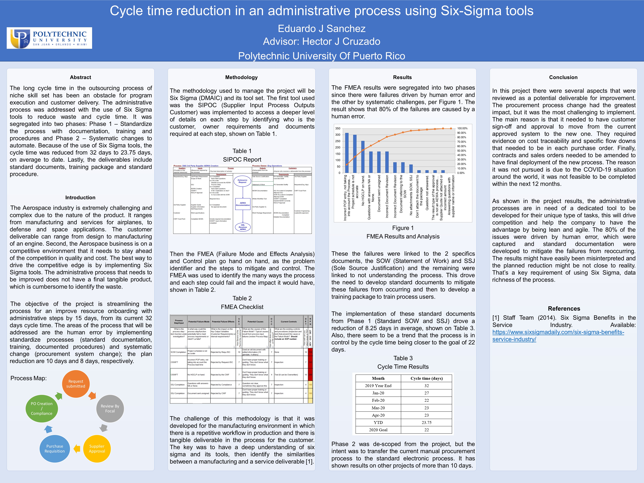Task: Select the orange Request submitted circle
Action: (76, 384)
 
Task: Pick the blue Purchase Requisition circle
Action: (55, 449)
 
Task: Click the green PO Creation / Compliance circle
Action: (42, 409)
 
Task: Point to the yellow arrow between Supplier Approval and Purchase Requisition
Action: (77, 449)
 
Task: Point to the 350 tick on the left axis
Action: (338, 128)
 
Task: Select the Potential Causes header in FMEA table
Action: (255, 322)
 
